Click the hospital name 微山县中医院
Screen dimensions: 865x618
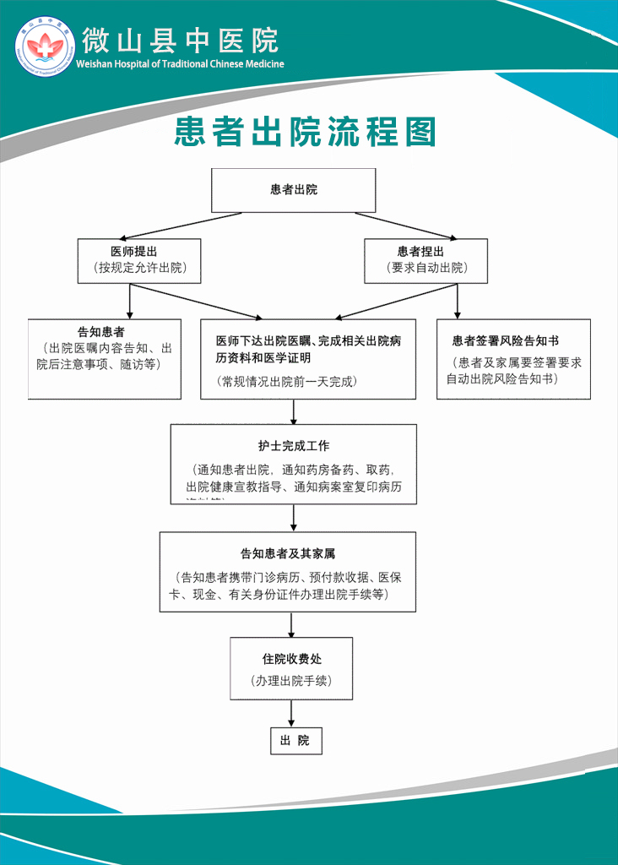pos(180,40)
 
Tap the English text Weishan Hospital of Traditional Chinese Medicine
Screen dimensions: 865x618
pos(180,64)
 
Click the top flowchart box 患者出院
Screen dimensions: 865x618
pos(293,190)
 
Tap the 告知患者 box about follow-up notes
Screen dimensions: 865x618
pos(105,358)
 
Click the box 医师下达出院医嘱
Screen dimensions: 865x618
pos(307,358)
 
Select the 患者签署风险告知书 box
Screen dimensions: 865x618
pos(513,358)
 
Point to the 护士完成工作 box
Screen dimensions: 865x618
pos(293,464)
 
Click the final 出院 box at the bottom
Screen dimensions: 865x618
pos(295,741)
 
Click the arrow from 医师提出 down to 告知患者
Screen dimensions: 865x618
pos(130,300)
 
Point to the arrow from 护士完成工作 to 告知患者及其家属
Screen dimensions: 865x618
pos(293,517)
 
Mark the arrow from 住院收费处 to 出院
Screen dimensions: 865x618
pos(291,713)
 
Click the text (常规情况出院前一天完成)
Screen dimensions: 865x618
pos(287,382)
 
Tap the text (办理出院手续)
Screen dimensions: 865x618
pos(291,681)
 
